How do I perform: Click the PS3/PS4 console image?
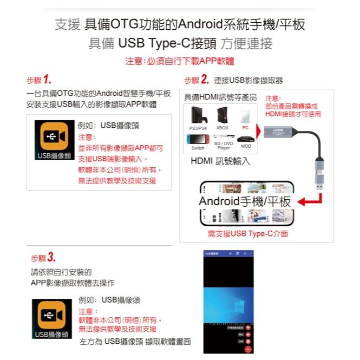[x=198, y=115]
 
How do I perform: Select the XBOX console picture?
[x=222, y=115]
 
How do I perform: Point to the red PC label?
[x=245, y=128]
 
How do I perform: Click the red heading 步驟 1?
[x=39, y=80]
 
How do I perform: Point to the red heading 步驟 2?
[x=197, y=80]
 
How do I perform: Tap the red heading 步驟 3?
[x=43, y=257]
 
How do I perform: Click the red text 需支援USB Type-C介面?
[x=248, y=234]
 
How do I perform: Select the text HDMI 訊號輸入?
[x=220, y=161]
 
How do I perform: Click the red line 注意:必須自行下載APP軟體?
[x=180, y=61]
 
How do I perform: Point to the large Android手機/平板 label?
[x=245, y=202]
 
